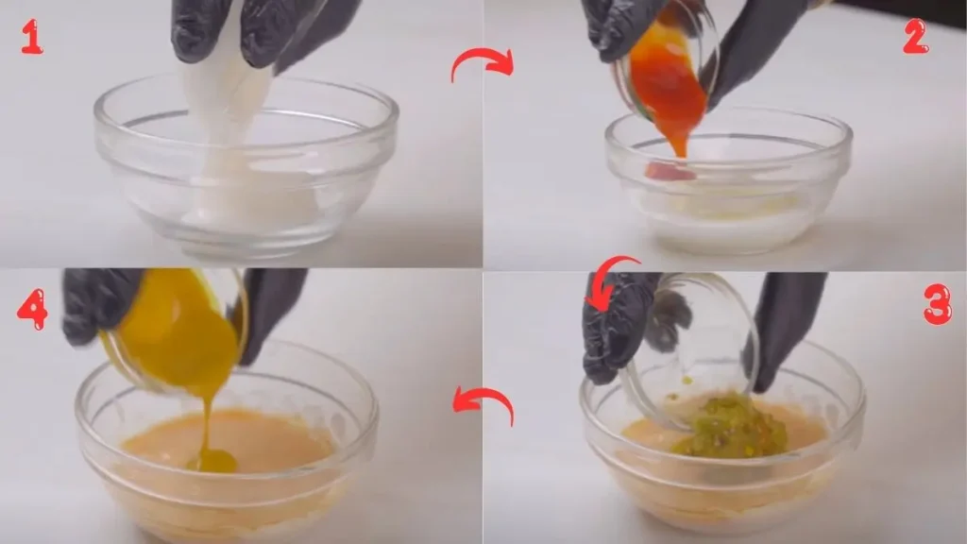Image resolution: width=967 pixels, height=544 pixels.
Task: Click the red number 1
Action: (x=31, y=37)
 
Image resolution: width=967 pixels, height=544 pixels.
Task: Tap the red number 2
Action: (x=914, y=37)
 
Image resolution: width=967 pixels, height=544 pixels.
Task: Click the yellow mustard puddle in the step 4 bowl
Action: (x=213, y=461)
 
